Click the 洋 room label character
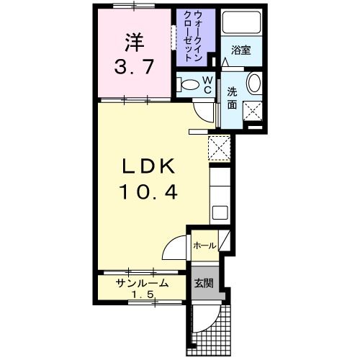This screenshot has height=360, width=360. coord(134,42)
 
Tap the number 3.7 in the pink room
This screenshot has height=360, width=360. coord(134,67)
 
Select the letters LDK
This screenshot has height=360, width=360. coord(148,166)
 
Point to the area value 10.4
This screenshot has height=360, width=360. coord(149,192)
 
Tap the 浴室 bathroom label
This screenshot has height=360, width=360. coord(240,50)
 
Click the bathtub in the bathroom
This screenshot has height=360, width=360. coord(241,22)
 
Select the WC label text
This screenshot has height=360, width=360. coord(207,85)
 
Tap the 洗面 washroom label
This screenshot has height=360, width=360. coord(232,98)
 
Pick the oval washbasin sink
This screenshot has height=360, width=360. coord(254,83)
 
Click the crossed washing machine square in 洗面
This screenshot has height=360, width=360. coord(252,112)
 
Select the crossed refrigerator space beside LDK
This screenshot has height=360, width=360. coord(219,148)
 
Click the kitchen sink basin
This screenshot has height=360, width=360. coord(220,212)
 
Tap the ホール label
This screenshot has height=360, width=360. coord(204,246)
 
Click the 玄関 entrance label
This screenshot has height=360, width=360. coord(204,284)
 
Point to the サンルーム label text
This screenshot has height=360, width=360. coord(142,283)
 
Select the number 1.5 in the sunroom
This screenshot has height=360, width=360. coord(143,294)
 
